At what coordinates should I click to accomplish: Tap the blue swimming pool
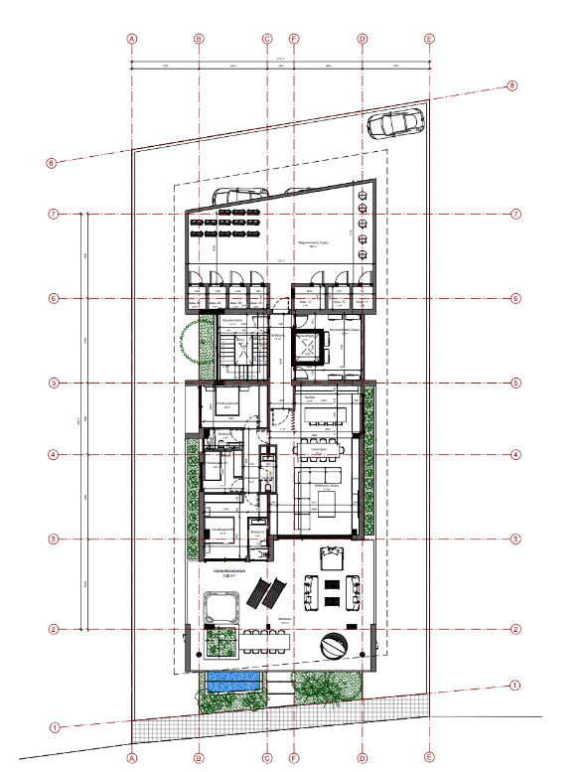(231, 682)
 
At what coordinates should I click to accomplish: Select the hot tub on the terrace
(221, 607)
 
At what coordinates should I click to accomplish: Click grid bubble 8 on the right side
(513, 85)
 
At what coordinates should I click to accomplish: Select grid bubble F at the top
(294, 39)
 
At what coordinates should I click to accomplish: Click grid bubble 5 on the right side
(515, 383)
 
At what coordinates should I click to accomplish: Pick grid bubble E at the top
(429, 39)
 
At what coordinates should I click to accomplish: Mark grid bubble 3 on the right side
(515, 540)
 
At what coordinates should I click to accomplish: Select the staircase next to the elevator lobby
(239, 350)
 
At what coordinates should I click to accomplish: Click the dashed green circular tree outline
(192, 341)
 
